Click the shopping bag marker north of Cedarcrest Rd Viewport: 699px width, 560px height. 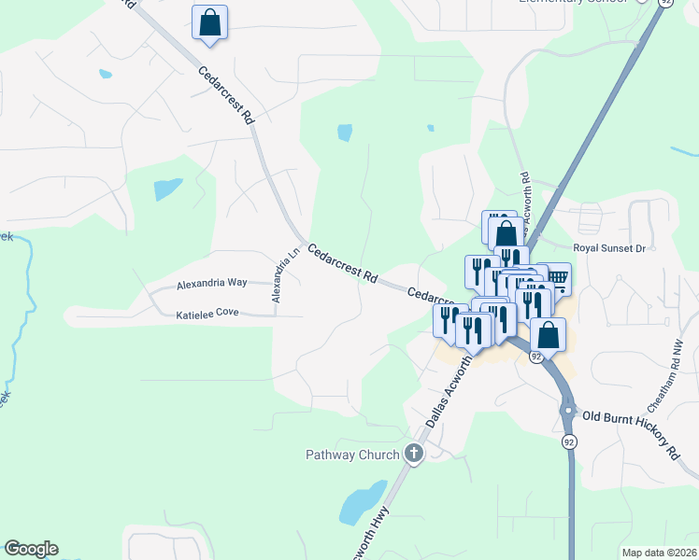(209, 22)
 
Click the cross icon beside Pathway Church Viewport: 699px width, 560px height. (414, 455)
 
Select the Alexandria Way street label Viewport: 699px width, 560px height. (212, 282)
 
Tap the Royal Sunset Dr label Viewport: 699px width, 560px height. (609, 248)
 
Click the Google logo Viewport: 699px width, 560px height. (31, 549)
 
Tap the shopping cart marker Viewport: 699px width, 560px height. (557, 277)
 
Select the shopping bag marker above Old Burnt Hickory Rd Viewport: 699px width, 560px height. (549, 335)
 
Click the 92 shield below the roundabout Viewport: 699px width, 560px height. (568, 441)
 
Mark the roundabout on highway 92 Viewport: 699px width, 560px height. (566, 410)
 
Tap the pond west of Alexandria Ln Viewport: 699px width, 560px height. (168, 189)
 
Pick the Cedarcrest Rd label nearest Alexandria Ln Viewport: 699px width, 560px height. (342, 264)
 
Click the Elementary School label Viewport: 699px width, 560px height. (571, 3)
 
